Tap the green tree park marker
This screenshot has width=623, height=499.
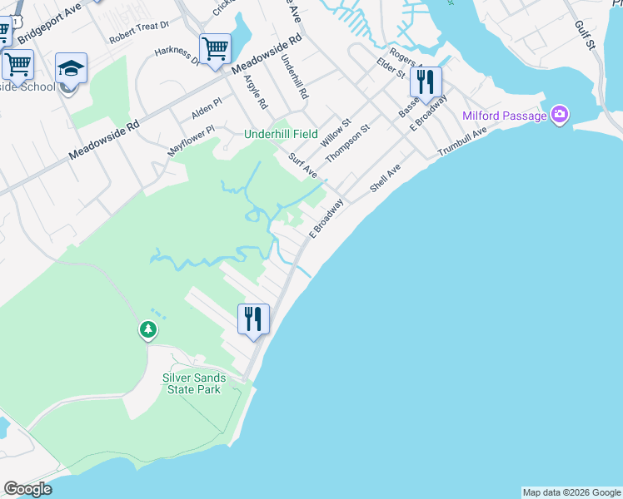click(x=148, y=330)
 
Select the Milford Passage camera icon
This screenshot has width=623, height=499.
click(x=559, y=115)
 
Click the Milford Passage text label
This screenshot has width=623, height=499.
click(x=504, y=116)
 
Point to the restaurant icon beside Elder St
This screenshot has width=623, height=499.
click(x=425, y=82)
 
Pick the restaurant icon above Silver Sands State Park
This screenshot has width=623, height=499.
click(x=253, y=318)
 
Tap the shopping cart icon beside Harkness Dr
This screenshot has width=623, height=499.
click(x=215, y=48)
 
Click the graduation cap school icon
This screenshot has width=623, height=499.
click(x=72, y=68)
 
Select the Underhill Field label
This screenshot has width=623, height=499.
click(x=281, y=134)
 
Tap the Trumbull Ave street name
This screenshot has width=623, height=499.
click(x=462, y=143)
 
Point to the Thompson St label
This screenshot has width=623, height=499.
click(x=346, y=140)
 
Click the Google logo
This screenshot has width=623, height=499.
click(x=27, y=489)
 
